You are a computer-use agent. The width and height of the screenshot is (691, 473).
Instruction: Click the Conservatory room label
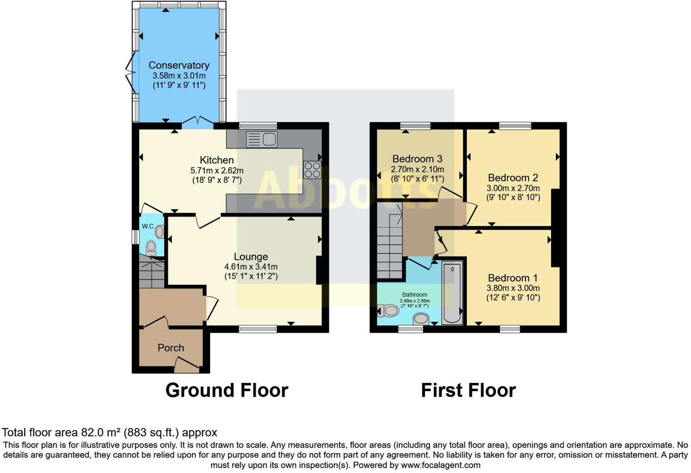179,65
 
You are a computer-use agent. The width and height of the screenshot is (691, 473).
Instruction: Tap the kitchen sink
262,139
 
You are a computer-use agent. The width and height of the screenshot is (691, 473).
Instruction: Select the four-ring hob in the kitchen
313,170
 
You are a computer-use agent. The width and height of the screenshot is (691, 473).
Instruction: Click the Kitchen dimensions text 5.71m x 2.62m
217,171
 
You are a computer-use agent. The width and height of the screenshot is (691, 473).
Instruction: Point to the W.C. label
148,226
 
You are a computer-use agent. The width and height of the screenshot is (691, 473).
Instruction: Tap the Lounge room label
250,257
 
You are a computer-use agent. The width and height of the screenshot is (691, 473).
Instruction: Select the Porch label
170,348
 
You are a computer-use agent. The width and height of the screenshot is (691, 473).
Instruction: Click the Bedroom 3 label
417,159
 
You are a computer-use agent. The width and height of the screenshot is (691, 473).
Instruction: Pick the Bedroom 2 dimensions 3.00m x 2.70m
513,188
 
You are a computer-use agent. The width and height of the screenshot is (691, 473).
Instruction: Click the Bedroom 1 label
513,278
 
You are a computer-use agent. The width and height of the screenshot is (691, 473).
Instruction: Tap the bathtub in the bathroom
452,292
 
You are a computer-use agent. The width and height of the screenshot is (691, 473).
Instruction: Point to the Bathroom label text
414,295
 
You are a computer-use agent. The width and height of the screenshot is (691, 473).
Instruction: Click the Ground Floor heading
226,390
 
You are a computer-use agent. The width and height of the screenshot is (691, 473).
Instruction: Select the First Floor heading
468,390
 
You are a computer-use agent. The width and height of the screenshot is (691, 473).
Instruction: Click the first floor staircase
390,241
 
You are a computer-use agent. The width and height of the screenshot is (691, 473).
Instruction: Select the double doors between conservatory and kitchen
197,121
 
